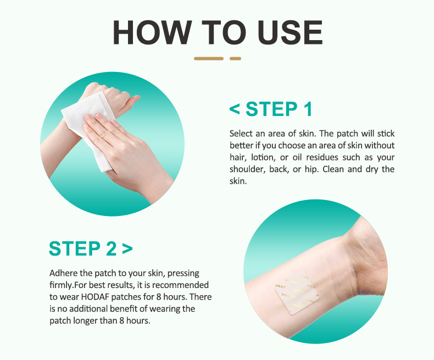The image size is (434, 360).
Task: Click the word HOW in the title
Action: [x=152, y=32]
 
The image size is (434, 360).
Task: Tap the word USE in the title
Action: [x=290, y=32]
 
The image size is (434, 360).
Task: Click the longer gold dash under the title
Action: [x=209, y=58]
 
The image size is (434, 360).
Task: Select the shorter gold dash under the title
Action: [x=235, y=58]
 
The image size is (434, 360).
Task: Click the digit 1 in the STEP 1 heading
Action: [x=308, y=109]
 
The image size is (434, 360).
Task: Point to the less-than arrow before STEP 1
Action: [x=235, y=109]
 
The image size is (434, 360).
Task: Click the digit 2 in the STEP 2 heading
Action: [x=112, y=248]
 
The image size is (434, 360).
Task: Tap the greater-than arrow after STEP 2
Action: [x=127, y=248]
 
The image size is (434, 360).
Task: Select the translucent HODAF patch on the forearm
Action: [x=297, y=292]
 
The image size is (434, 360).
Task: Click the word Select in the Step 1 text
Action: [x=241, y=134]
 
